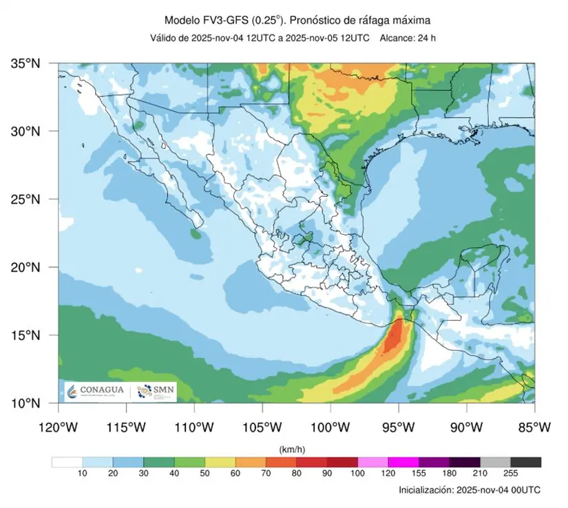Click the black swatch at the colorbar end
tap(526, 462)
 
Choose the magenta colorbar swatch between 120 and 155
tap(403, 462)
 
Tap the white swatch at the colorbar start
tap(67, 462)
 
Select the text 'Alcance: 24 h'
tap(408, 37)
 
